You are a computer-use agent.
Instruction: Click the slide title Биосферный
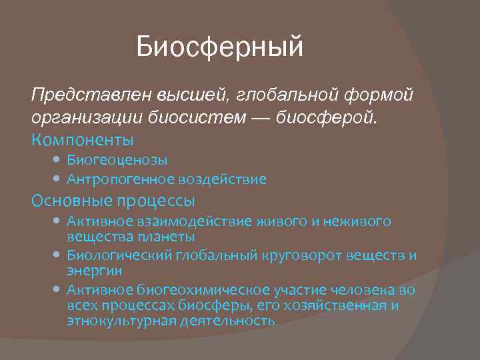220,47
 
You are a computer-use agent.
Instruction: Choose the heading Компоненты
82,140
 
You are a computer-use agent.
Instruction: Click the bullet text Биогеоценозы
117,160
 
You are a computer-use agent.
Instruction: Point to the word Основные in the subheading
71,200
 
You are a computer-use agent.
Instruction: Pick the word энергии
94,271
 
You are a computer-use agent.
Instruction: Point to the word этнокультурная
121,321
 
